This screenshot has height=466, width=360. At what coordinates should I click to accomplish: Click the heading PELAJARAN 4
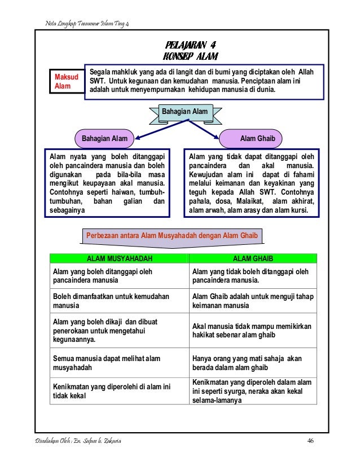(190, 45)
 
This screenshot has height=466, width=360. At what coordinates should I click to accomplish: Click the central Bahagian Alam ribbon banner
(185, 112)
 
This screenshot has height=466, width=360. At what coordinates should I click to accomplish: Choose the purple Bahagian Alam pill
(104, 138)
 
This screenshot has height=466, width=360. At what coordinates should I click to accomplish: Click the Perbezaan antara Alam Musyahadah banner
(172, 235)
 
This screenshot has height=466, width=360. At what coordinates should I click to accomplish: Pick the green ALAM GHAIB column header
(252, 258)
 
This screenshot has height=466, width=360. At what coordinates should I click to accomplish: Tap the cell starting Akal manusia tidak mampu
(252, 331)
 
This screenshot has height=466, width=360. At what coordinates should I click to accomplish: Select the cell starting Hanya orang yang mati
(252, 362)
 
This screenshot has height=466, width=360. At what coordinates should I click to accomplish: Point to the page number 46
(310, 441)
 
